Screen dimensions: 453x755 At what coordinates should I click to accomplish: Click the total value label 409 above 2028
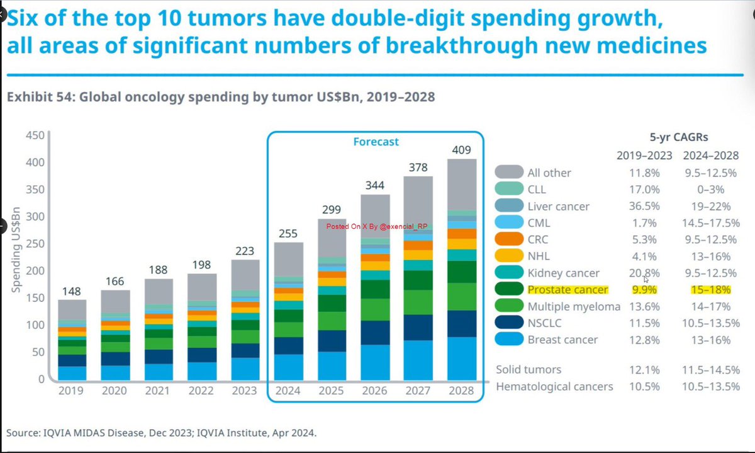tap(461, 151)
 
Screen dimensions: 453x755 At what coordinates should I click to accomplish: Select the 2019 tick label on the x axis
tap(72, 391)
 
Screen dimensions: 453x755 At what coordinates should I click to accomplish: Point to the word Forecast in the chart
tap(375, 142)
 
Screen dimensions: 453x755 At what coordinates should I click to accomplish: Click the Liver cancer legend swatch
tap(508, 206)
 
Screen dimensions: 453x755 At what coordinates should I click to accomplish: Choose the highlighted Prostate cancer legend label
tap(568, 290)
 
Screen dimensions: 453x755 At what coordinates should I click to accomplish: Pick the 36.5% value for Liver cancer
tap(642, 206)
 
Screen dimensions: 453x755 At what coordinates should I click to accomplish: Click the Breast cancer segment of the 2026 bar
tap(375, 362)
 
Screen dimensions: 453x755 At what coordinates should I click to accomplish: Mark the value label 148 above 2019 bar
tap(72, 292)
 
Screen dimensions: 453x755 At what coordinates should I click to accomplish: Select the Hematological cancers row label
tap(554, 386)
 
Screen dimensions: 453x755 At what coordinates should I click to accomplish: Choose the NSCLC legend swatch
tap(508, 323)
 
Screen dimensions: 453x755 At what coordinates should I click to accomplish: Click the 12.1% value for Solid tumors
tap(642, 369)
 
